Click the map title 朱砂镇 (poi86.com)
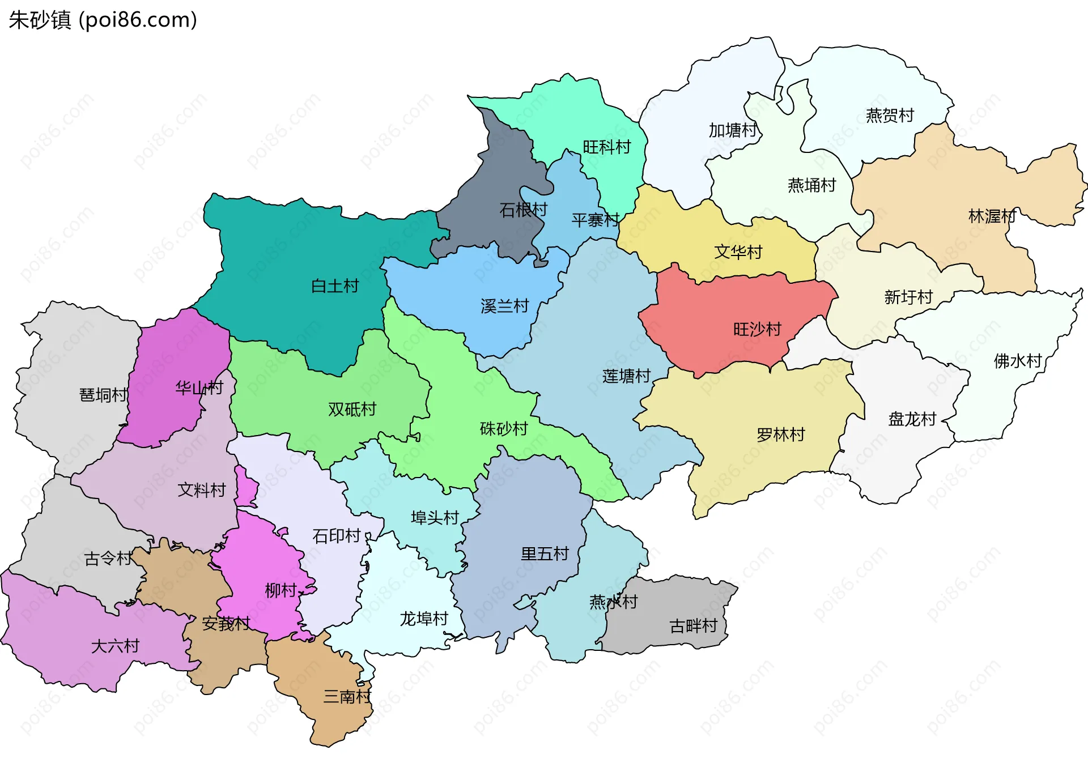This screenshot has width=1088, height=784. pos(103,20)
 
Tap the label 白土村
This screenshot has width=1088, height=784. pos(335,286)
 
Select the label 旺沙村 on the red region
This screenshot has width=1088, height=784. pos(757,329)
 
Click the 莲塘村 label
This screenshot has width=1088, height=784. pos(626,376)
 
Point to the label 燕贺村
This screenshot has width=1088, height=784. pos(890,116)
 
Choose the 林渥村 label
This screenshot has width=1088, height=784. pos(992,216)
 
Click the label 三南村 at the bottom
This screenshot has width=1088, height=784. pos(347,696)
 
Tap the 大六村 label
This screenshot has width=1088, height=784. pos(115,646)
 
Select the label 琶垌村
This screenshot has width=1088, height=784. pos(103,395)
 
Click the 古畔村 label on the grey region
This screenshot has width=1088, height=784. pos(693,626)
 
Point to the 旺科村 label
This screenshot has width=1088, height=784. pos(606,147)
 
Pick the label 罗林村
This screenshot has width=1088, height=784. pos(781,434)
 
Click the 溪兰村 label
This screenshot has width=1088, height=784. pos(504,306)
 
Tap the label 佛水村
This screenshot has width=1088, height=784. pos(1018,361)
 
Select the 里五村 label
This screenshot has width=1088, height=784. pos(545,553)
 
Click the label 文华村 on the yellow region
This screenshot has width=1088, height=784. pos(738,252)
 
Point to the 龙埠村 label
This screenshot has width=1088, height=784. pos(424,619)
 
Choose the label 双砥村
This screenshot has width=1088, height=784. pos(352,409)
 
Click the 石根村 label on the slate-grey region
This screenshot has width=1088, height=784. pos(523,210)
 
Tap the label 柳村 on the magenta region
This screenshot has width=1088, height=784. pos(280,591)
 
